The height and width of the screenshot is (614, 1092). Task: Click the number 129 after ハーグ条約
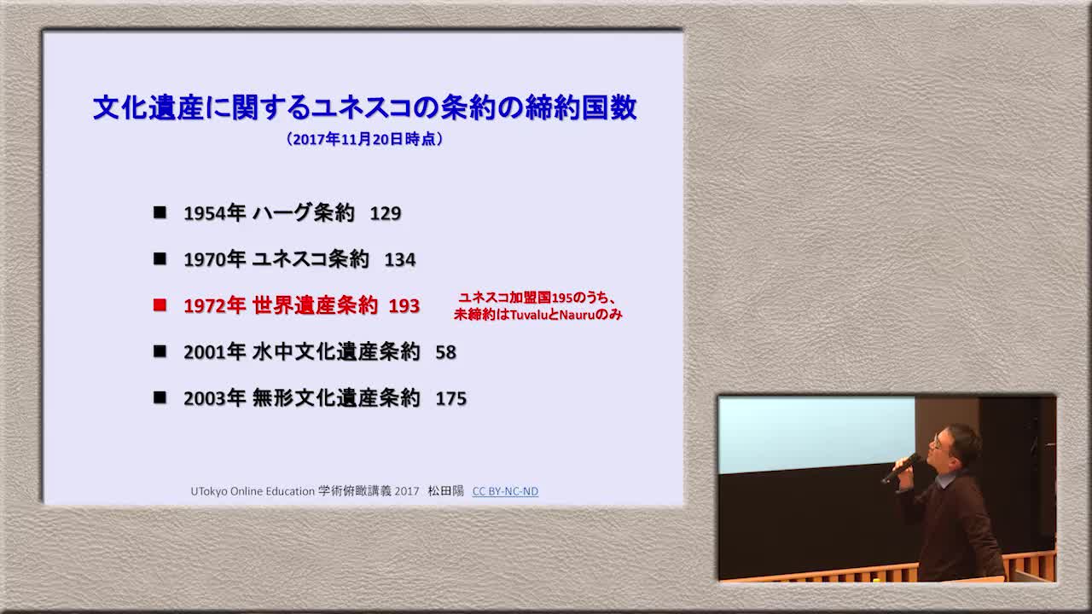[x=386, y=213]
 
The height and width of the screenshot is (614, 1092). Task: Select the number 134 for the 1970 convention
[x=400, y=260]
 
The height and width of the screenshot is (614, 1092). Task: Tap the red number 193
[x=404, y=306]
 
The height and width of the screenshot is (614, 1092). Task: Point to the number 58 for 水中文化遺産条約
[x=446, y=352]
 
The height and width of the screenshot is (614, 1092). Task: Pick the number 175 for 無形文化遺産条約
[x=451, y=398]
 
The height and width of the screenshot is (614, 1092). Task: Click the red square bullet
[x=160, y=305]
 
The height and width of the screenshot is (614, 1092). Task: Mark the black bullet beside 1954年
[x=160, y=212]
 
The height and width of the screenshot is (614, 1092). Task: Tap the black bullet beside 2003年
[x=160, y=397]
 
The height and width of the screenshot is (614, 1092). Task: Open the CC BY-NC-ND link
[x=505, y=491]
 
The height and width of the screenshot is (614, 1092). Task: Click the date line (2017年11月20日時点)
[x=364, y=139]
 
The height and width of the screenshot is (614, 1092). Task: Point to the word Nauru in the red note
[x=578, y=315]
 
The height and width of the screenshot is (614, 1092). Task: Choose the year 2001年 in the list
[x=214, y=352]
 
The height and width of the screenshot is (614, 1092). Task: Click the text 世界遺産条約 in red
[x=315, y=305]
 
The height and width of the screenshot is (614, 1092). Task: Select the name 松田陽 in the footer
[x=445, y=491]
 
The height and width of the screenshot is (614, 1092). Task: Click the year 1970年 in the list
[x=214, y=260]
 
